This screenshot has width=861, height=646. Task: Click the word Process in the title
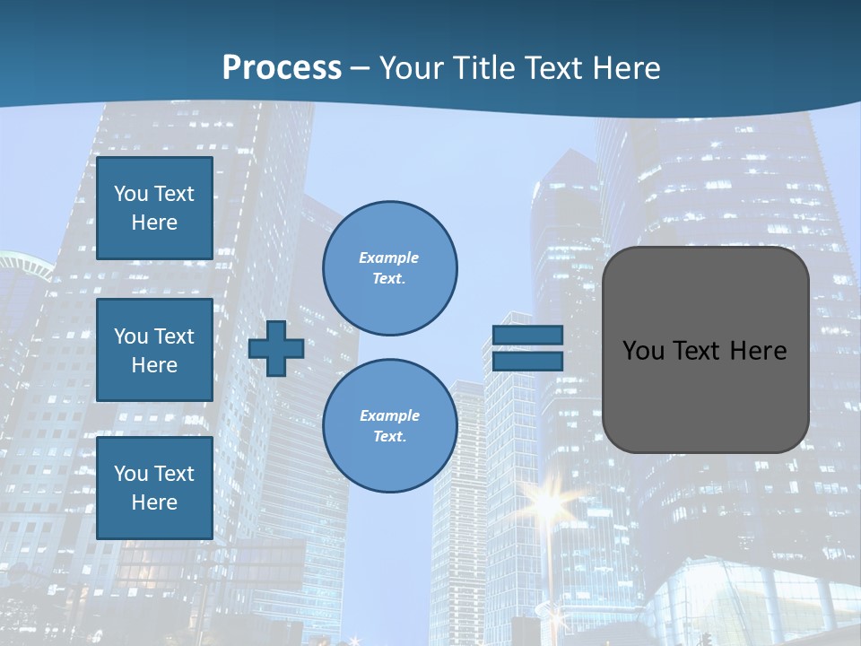click(x=282, y=68)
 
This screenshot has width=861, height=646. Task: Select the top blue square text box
click(x=154, y=208)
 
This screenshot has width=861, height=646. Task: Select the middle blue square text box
click(x=154, y=350)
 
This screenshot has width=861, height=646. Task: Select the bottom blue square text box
click(x=154, y=487)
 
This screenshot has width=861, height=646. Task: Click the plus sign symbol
click(x=275, y=349)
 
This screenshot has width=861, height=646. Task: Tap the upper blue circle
click(x=390, y=267)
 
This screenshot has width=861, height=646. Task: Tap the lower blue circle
click(x=390, y=425)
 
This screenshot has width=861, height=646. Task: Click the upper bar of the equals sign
click(x=527, y=335)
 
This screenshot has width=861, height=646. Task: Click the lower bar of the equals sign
click(x=527, y=362)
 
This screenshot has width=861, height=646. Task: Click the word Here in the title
click(x=626, y=68)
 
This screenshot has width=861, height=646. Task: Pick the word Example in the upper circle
click(x=389, y=258)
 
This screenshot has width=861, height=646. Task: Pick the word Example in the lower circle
click(x=389, y=415)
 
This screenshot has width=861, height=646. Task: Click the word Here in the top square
click(x=154, y=223)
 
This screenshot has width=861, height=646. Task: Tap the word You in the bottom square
click(x=131, y=474)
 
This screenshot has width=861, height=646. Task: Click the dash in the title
click(x=360, y=68)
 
